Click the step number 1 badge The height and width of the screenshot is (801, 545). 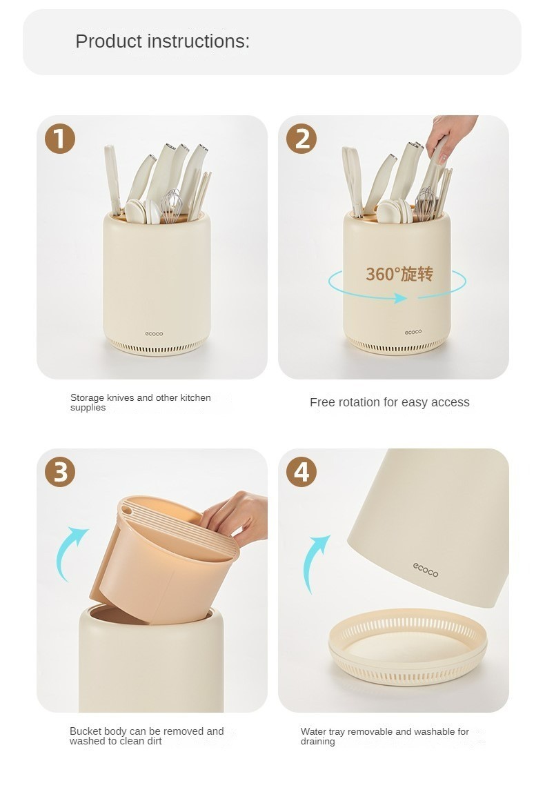click(60, 139)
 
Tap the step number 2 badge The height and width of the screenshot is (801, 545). click(301, 139)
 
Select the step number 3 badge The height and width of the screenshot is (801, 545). click(60, 472)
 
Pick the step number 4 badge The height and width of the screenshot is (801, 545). click(301, 472)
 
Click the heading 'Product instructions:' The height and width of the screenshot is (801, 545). click(162, 41)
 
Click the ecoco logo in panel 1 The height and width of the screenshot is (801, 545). click(154, 334)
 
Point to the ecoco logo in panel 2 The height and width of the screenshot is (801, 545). click(413, 332)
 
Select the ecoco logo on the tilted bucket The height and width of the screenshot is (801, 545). click(426, 570)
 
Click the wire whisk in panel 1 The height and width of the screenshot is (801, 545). click(172, 206)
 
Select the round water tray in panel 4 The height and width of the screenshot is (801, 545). click(408, 646)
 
